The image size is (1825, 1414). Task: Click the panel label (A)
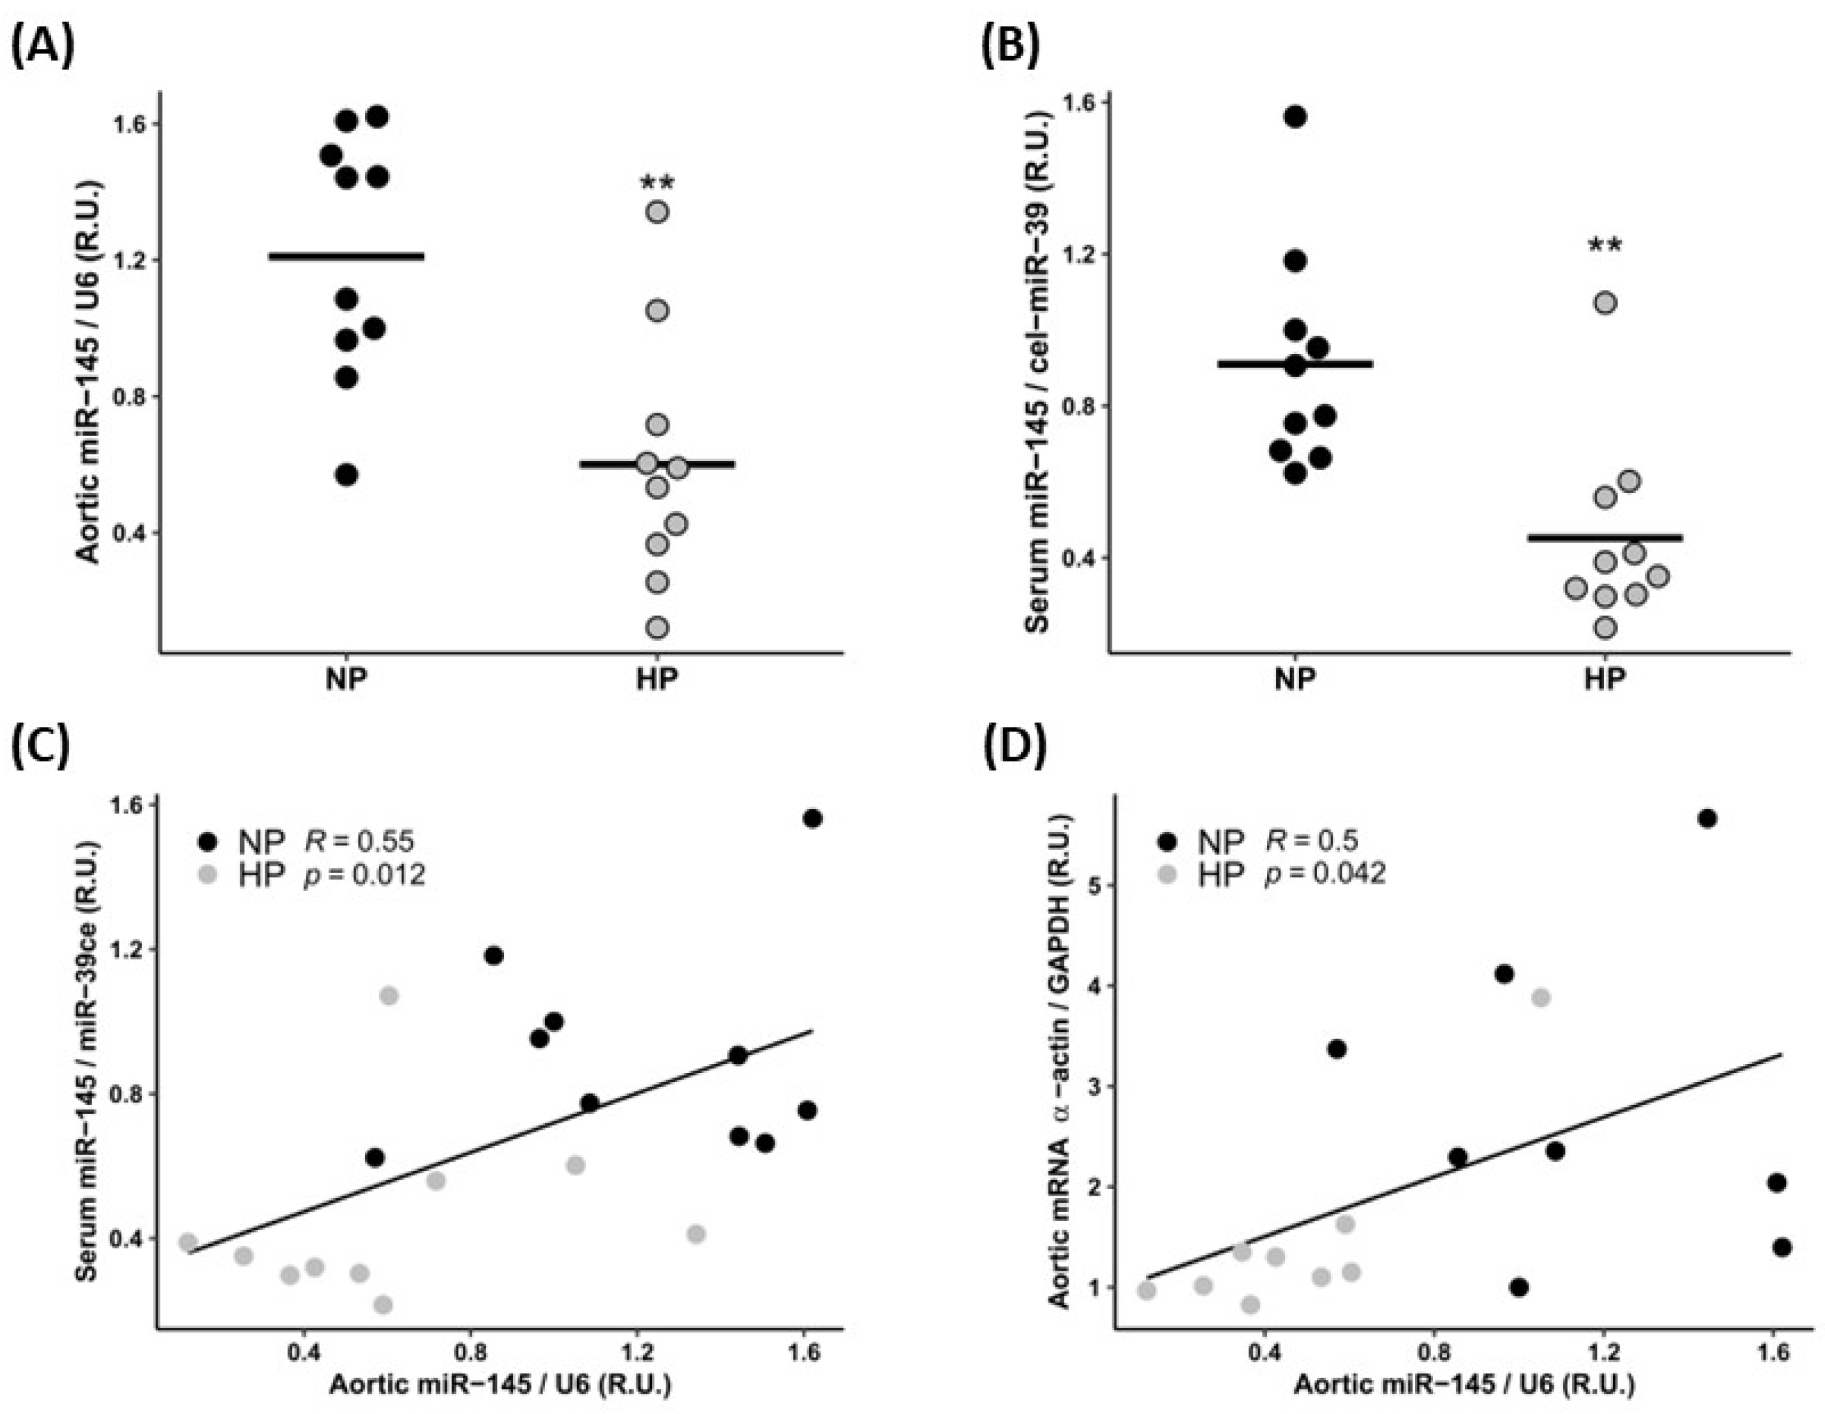(x=44, y=48)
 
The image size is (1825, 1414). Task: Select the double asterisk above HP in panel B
(x=1605, y=246)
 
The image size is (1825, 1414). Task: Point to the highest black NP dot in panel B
(x=1295, y=117)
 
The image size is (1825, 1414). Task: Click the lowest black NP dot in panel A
(x=347, y=475)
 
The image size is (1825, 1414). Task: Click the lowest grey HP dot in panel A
(x=658, y=626)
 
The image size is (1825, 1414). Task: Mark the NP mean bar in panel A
(x=346, y=257)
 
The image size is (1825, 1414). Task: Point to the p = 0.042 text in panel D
(x=1324, y=874)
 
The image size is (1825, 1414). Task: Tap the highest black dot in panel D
(x=1707, y=818)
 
